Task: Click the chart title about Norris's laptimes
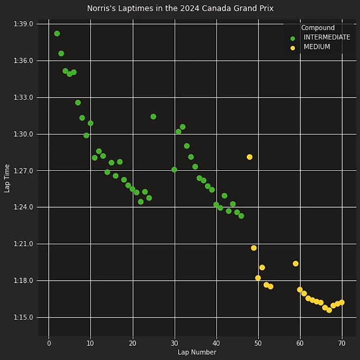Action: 180,8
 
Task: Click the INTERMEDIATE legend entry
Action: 326,37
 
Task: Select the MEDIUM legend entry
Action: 317,47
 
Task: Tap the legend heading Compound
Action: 318,28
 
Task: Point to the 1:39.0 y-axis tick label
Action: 24,24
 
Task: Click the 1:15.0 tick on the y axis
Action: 24,317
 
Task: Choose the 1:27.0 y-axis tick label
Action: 24,171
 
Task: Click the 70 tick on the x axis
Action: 341,343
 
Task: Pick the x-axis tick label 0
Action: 49,343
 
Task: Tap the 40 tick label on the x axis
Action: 216,343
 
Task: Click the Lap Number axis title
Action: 197,352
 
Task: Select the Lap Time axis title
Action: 7,178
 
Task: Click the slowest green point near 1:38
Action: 57,34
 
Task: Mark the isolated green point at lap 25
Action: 153,117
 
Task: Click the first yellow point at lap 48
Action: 250,157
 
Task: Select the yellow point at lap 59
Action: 295,264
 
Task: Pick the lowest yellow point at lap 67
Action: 329,310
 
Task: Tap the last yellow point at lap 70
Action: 341,302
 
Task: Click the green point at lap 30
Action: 174,170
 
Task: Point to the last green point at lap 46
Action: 241,216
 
